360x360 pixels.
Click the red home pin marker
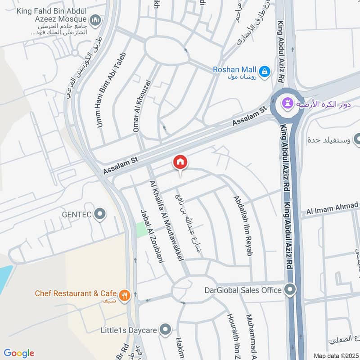(180, 162)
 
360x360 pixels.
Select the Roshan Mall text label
(234, 70)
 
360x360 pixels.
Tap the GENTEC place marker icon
(100, 214)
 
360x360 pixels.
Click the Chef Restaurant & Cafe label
(76, 293)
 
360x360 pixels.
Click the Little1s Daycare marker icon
(166, 330)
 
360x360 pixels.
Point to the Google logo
(19, 353)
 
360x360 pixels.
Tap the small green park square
(141, 229)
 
